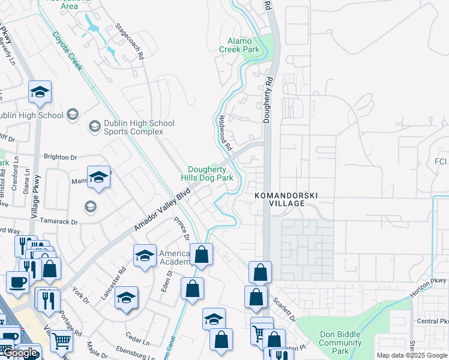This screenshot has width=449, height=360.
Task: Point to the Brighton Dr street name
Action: point(61,157)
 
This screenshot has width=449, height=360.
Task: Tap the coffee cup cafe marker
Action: point(17,282)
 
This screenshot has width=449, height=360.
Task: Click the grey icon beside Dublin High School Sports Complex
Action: point(94,127)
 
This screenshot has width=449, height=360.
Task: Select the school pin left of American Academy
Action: point(145,256)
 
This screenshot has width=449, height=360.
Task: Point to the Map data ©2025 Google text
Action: point(411,355)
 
